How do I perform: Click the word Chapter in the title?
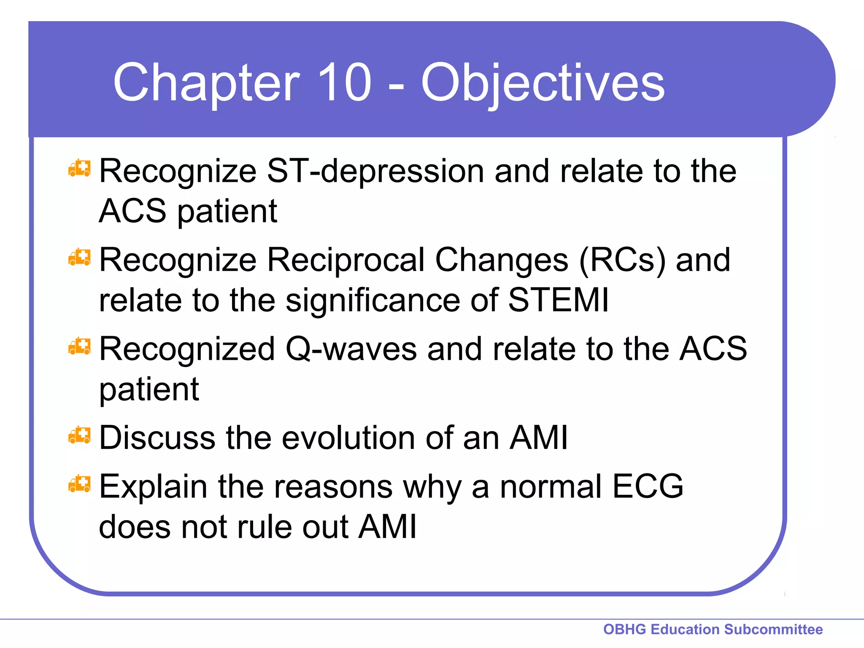(206, 82)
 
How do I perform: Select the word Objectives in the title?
(543, 82)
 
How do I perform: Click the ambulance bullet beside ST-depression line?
(79, 169)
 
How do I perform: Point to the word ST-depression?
(375, 171)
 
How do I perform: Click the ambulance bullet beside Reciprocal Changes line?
(79, 258)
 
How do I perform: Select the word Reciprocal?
(346, 260)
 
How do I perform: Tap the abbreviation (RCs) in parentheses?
(622, 260)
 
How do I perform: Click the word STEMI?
(558, 300)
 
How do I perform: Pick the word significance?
(373, 300)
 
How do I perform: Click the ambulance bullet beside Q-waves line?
(79, 347)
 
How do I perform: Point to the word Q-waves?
(351, 349)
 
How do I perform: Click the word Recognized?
(187, 349)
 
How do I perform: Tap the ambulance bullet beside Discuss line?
(79, 436)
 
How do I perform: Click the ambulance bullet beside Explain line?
(79, 484)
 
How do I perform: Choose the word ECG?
(647, 486)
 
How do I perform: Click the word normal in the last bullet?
(550, 486)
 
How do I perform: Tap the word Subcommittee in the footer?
(773, 629)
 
